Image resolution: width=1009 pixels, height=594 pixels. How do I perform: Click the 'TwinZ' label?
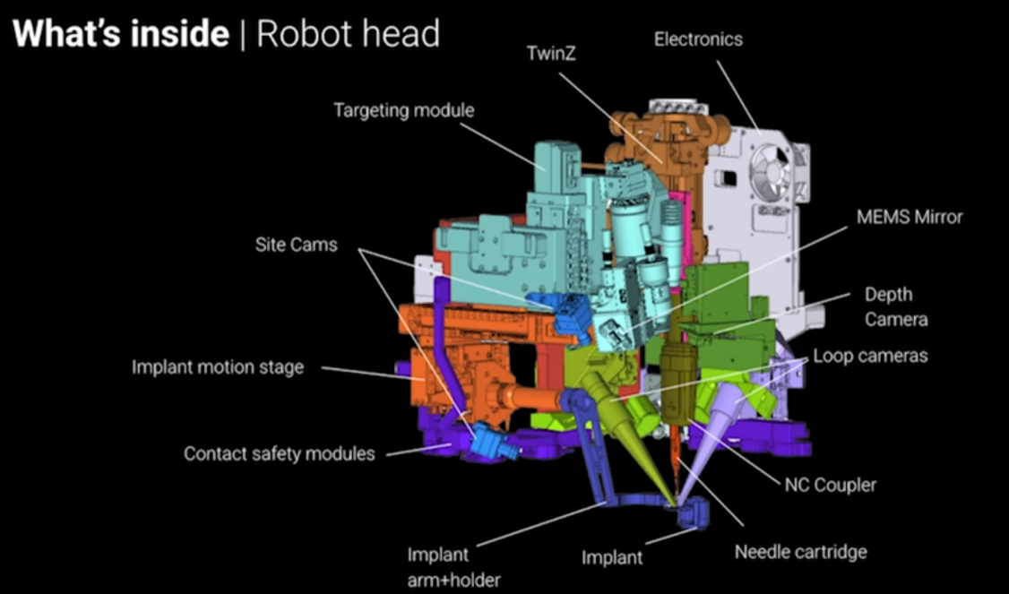tap(551, 54)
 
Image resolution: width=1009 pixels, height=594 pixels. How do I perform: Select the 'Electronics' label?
tap(698, 39)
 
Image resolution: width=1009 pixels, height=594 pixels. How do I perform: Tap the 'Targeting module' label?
tap(403, 110)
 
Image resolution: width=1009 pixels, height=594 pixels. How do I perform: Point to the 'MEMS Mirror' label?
tap(909, 217)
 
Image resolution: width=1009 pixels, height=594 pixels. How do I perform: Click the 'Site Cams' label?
tap(296, 244)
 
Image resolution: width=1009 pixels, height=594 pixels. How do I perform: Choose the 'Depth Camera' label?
tap(895, 306)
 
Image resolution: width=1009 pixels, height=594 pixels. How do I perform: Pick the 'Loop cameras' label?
tap(870, 356)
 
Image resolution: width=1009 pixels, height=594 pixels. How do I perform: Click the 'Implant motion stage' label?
tap(218, 367)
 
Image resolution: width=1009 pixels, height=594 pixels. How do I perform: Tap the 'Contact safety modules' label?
tap(279, 453)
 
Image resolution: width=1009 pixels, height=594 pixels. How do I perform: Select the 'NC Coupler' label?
tap(830, 485)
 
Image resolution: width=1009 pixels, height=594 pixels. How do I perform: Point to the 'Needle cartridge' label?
tap(800, 551)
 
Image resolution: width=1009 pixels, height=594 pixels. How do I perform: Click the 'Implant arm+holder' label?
tap(453, 567)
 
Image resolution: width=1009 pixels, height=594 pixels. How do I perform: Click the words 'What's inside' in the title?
tap(121, 34)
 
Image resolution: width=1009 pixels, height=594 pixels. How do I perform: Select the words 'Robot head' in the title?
tap(348, 34)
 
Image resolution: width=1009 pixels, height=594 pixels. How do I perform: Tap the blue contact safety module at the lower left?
tap(491, 442)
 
